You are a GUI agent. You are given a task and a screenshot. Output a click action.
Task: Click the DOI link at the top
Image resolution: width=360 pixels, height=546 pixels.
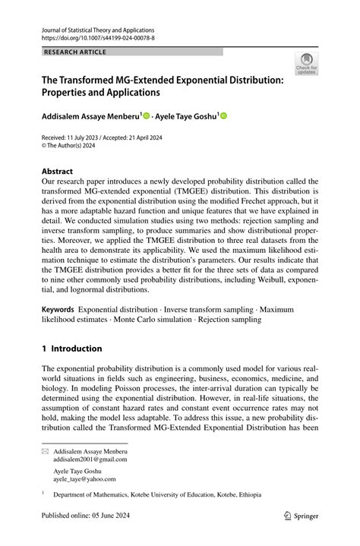pyautogui.click(x=99, y=36)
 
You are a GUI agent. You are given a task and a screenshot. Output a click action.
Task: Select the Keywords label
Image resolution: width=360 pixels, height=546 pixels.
pyautogui.click(x=58, y=310)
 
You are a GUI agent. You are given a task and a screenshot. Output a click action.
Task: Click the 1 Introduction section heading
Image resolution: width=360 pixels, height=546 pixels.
pyautogui.click(x=72, y=349)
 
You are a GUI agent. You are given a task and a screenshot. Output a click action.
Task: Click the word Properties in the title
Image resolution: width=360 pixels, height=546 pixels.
pyautogui.click(x=68, y=93)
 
